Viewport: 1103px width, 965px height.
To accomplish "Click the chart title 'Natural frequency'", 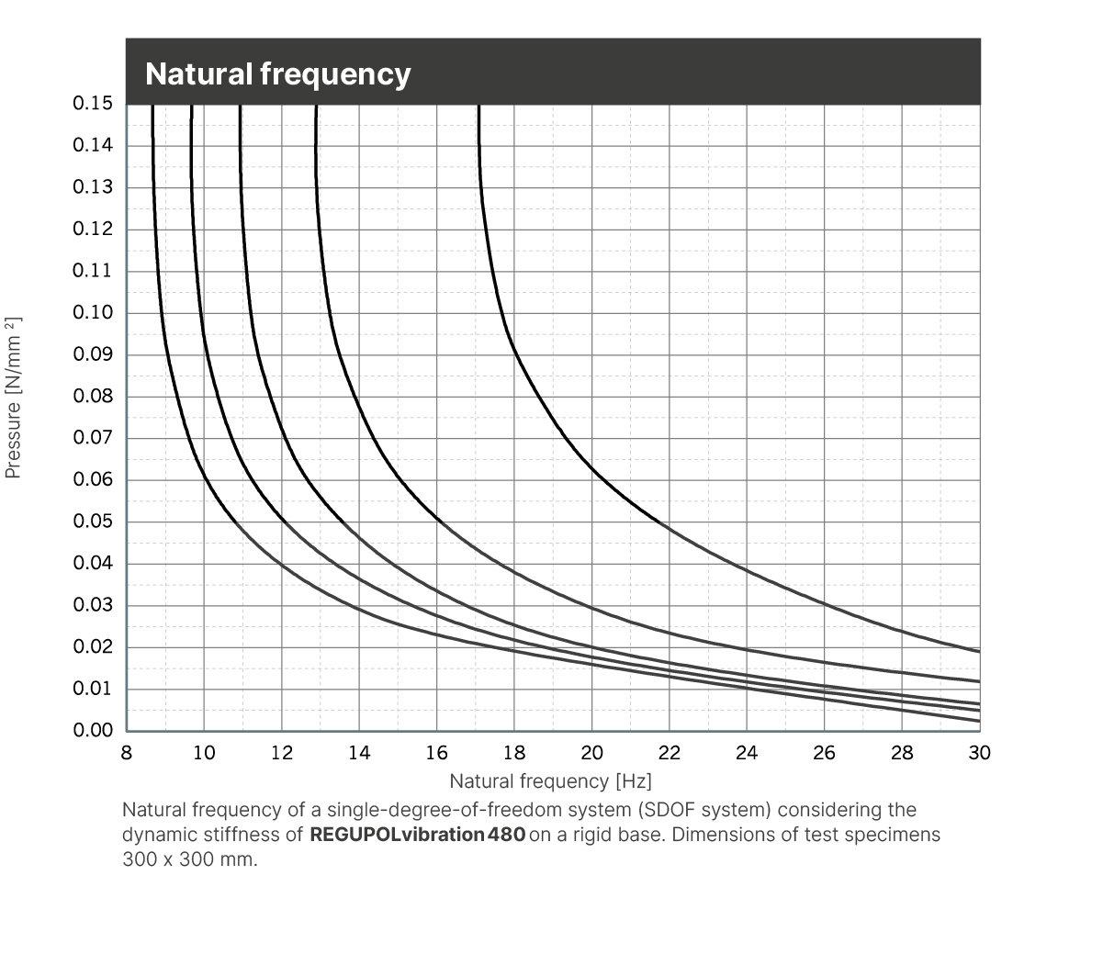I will coord(277,73).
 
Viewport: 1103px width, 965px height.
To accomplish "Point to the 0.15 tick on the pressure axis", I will coord(93,103).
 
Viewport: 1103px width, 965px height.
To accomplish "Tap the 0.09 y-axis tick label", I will coord(93,354).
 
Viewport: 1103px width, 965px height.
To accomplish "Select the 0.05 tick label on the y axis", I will coord(93,522).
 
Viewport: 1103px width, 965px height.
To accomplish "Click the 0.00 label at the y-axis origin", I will coord(93,731).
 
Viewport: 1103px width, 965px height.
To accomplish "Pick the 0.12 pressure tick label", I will coord(93,229).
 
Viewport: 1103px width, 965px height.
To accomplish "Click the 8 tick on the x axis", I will coord(127,753).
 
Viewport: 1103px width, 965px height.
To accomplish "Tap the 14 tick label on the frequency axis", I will coord(359,753).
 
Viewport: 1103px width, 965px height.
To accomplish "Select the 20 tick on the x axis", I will coord(592,753).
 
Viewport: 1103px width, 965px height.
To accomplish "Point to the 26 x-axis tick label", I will coord(825,753).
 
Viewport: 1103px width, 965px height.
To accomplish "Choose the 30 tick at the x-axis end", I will coord(980,753).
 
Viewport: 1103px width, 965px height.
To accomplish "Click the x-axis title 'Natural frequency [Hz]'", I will coord(550,781).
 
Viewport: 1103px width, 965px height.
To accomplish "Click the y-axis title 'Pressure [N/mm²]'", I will coord(13,398).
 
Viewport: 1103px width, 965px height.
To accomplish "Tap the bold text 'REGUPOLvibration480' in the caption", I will coord(418,836).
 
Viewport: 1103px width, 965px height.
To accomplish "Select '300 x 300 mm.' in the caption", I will coord(190,860).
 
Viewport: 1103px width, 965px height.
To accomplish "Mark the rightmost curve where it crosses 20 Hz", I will coord(592,471).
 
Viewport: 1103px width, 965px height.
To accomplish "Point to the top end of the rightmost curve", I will coord(479,107).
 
